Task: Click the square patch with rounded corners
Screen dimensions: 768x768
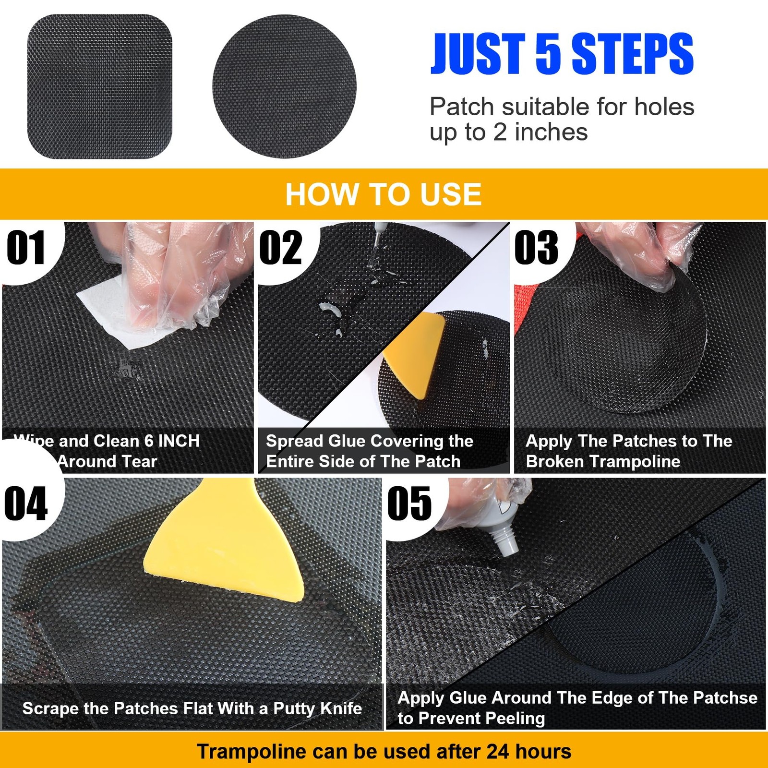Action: point(100,86)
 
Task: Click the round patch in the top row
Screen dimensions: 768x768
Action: point(284,86)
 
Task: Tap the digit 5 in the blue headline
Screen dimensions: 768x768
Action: point(548,54)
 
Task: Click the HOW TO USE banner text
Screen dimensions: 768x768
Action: point(383,194)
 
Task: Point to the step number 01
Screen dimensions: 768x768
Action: point(26,248)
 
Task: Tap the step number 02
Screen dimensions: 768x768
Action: point(281,248)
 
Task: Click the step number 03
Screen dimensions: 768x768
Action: point(536,248)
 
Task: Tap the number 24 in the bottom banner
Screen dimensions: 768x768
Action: point(497,752)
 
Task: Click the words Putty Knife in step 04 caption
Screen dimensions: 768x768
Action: point(317,708)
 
